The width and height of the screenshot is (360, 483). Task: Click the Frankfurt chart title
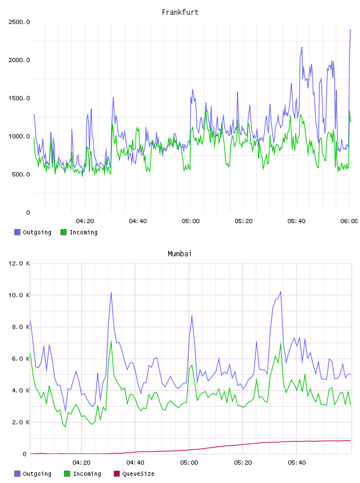pos(180,12)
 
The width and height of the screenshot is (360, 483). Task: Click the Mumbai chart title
pos(179,254)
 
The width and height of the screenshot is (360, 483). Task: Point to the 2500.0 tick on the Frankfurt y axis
pos(19,22)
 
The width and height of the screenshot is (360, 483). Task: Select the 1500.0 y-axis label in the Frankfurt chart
pos(19,98)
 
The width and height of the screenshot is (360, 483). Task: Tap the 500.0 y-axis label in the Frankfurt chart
pos(21,175)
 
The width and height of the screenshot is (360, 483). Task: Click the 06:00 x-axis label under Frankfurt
pos(349,221)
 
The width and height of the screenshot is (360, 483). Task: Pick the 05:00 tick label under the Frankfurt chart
pos(191,221)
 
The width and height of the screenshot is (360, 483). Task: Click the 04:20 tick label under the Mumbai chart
pos(81,462)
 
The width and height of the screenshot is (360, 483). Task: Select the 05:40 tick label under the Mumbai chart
pos(297,462)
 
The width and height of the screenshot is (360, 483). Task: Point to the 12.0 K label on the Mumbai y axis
pos(19,263)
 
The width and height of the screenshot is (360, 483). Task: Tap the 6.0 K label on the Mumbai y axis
pos(21,359)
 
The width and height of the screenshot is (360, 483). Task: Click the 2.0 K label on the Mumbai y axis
pos(21,422)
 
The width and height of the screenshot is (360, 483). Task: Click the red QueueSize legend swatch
pos(117,474)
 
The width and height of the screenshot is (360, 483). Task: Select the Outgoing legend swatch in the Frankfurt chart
pos(17,232)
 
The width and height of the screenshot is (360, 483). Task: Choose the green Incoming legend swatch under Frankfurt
pos(63,232)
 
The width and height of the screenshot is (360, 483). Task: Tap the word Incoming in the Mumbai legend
pos(87,474)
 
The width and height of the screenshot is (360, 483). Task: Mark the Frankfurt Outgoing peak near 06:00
pos(351,30)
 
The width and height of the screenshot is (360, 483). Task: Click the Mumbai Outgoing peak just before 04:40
pos(111,292)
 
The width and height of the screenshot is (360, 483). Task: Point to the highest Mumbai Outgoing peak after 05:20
pos(281,291)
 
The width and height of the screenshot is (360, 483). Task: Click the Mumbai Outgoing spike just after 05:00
pos(192,315)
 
